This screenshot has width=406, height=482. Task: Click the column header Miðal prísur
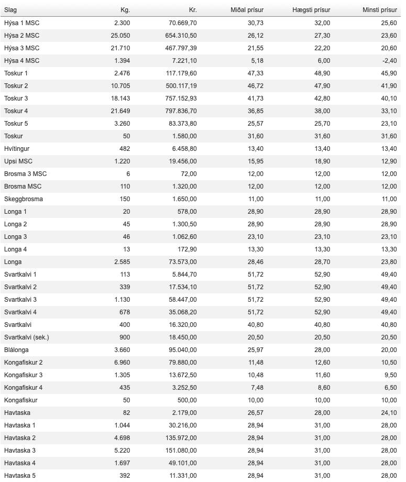pyautogui.click(x=247, y=10)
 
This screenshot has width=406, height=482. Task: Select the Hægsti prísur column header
pyautogui.click(x=311, y=10)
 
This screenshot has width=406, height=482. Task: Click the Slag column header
pyautogui.click(x=10, y=10)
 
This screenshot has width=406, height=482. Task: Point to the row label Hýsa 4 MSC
pyautogui.click(x=21, y=61)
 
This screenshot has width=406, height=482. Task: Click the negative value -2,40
pyautogui.click(x=388, y=61)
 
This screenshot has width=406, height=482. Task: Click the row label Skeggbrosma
pyautogui.click(x=24, y=199)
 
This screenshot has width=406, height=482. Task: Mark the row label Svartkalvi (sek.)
pyautogui.click(x=27, y=337)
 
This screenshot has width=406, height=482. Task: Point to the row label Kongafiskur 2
pyautogui.click(x=24, y=363)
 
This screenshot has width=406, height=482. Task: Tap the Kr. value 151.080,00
pyautogui.click(x=179, y=451)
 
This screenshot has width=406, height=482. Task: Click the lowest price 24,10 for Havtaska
pyautogui.click(x=388, y=413)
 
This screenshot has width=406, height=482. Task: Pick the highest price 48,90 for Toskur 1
pyautogui.click(x=322, y=73)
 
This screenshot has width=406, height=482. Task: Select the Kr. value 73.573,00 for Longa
pyautogui.click(x=181, y=262)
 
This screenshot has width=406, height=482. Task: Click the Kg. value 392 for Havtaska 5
pyautogui.click(x=124, y=476)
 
